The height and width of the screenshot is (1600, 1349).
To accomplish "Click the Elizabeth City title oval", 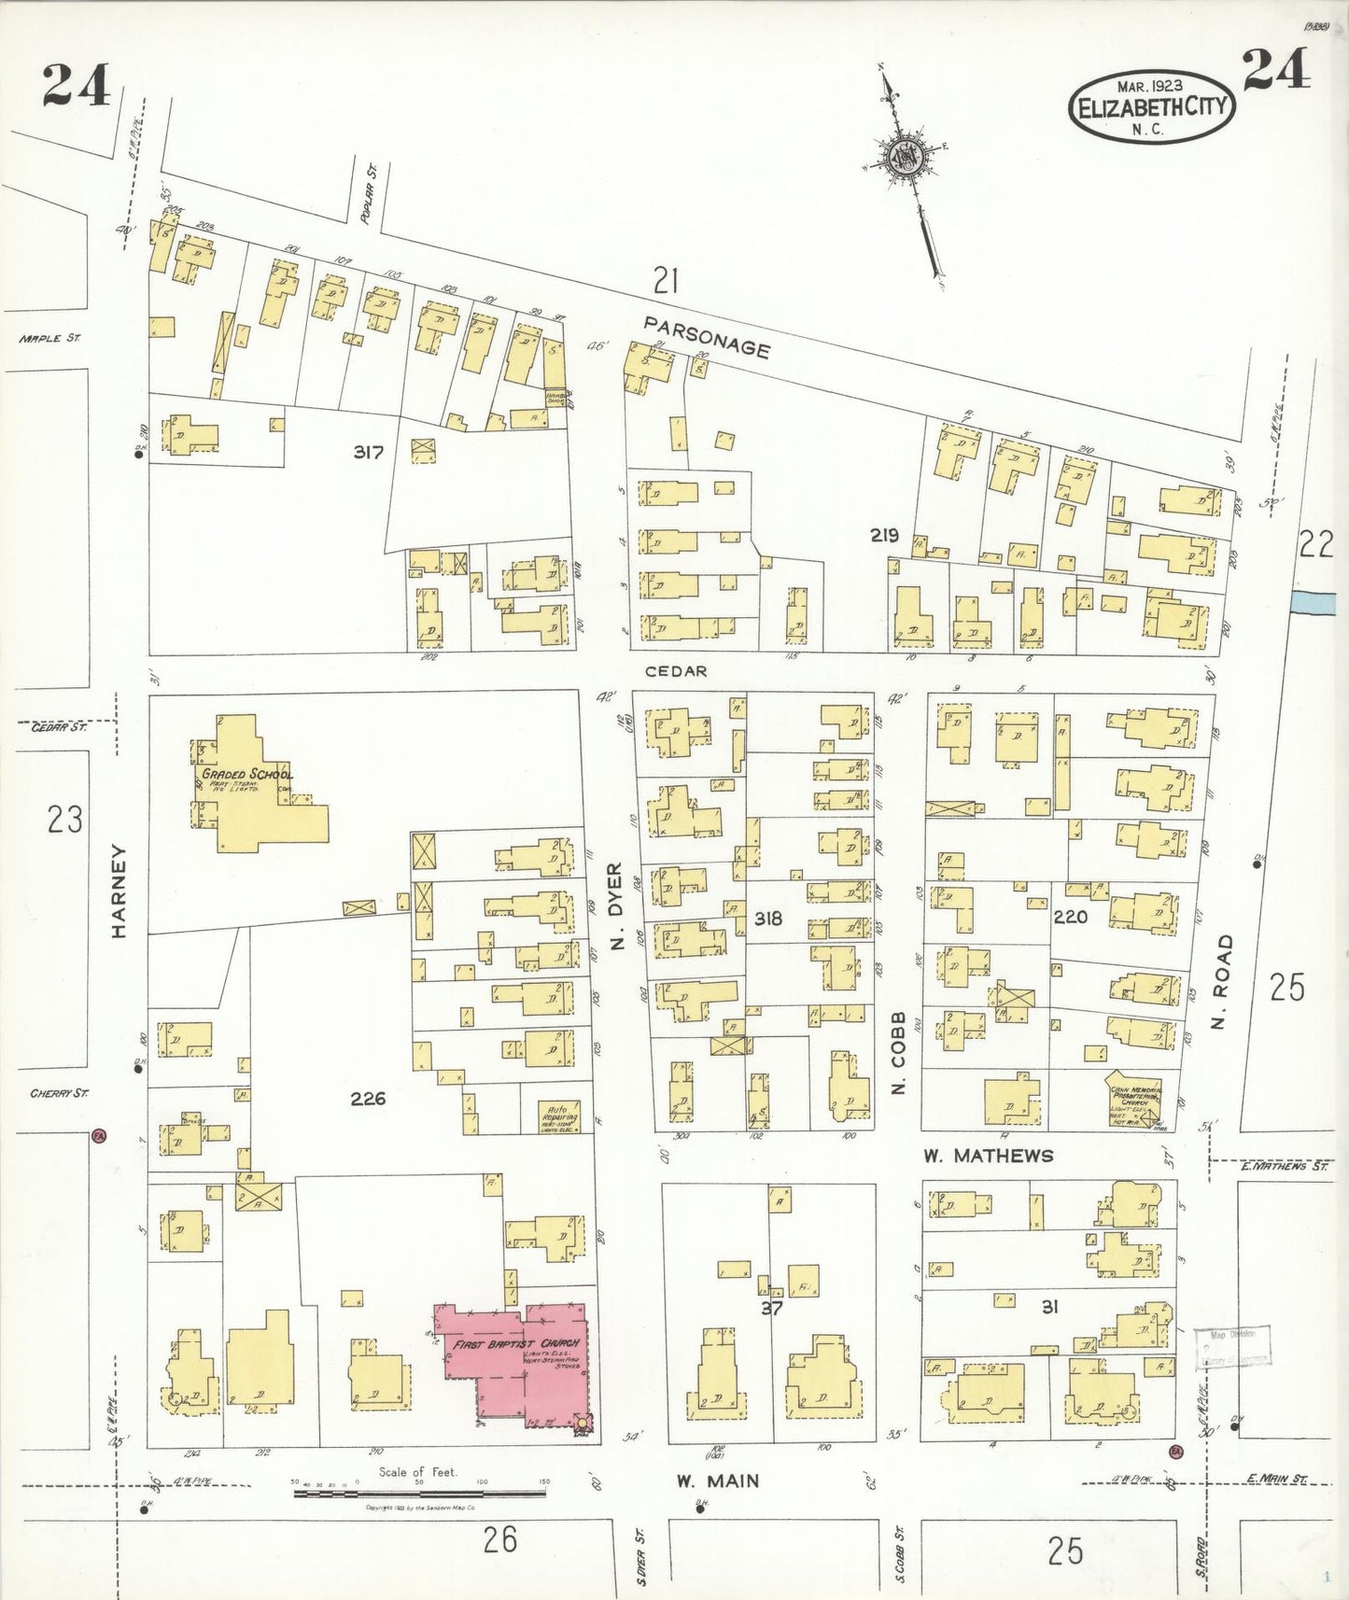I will click(x=1152, y=107).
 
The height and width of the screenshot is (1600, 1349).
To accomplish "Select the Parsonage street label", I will click(x=708, y=335).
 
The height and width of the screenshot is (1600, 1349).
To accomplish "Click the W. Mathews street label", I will click(x=988, y=1156).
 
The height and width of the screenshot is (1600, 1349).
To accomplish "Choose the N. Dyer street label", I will click(x=616, y=906).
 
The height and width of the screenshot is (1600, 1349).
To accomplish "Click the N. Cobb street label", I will click(x=899, y=1053).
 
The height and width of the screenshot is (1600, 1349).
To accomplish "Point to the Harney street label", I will click(x=119, y=891).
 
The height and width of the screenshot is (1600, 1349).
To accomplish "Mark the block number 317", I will click(x=368, y=453).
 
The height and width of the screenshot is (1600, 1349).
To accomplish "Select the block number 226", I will click(x=368, y=1099).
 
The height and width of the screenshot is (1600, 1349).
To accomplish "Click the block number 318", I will click(x=767, y=919).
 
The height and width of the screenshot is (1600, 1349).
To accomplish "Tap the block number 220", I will click(x=1070, y=918).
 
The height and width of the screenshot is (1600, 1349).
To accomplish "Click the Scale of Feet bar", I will click(x=420, y=1494).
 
